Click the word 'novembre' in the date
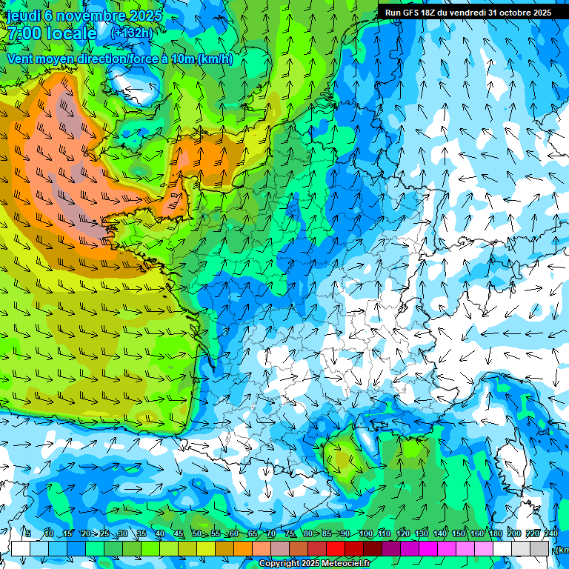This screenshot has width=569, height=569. coord(86,16)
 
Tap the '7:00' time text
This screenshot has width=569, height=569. coord(22,33)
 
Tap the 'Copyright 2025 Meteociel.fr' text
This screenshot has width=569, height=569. coord(314,564)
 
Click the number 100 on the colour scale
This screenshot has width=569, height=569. coord(366,533)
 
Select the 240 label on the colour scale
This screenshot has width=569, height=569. coord(551,533)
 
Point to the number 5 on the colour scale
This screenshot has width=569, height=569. coord(28,533)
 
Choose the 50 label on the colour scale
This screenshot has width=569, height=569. coord(197,533)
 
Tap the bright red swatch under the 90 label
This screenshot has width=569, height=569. coord(336,548)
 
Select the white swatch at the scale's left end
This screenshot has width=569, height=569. coord(21,548)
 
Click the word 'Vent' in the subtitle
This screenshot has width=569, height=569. coord(21,59)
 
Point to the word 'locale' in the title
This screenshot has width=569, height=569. coord(71,33)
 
